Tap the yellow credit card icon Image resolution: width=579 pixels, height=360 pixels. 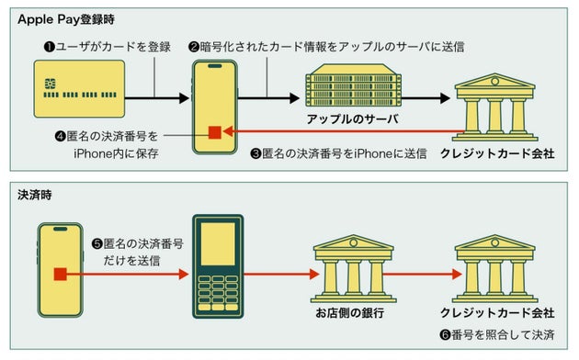coord(77,95)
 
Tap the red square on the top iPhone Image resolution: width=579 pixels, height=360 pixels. coord(213,131)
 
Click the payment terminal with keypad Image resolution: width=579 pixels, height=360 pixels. coord(217,266)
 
